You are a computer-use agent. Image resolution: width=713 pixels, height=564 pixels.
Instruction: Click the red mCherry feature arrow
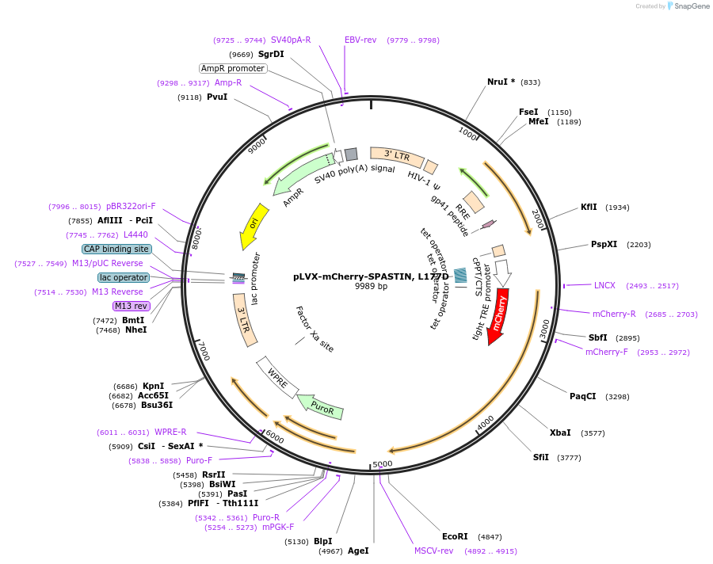point(498,315)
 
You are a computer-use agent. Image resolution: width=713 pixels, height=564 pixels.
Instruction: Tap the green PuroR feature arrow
point(320,406)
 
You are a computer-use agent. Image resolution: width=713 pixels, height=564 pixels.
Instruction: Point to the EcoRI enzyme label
point(455,536)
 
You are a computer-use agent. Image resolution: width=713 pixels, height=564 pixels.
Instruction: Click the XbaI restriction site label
point(560,433)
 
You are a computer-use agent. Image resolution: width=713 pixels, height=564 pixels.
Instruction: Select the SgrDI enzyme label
point(271,54)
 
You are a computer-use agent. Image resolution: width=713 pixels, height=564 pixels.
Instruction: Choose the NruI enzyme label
point(501,82)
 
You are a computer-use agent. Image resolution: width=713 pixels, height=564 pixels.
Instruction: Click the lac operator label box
point(124,277)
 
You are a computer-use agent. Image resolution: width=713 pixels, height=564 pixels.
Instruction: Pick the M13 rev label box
point(131,306)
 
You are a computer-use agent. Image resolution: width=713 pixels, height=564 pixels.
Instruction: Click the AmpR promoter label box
point(232,68)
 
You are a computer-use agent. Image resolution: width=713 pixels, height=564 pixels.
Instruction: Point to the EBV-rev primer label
point(360,40)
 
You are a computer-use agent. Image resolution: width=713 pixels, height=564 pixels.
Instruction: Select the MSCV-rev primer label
point(433,551)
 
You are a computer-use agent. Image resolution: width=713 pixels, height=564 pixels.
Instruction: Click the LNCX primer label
point(604,285)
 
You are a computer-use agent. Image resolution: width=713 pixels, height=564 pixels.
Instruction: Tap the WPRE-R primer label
point(170,432)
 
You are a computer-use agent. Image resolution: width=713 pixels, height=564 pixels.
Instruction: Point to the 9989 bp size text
point(371,286)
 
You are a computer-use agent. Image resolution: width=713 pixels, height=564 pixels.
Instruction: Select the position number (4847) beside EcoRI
point(490,536)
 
